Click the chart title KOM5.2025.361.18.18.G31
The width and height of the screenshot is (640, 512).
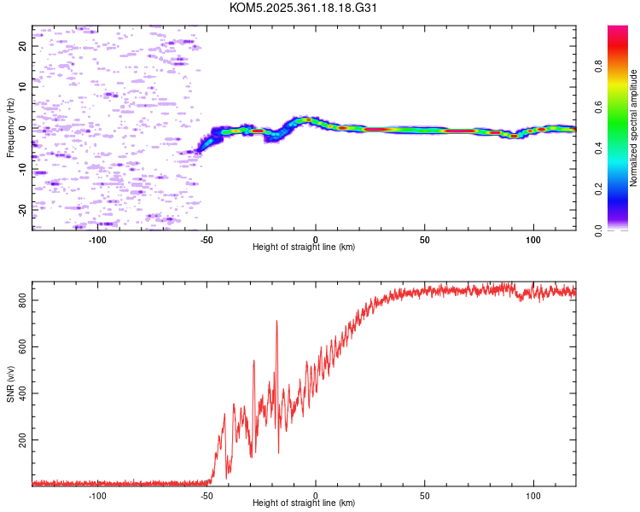tap(303, 8)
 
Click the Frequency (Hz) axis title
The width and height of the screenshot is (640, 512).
tap(10, 128)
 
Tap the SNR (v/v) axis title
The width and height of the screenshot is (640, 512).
tap(10, 383)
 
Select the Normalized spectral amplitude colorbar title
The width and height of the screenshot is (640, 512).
tap(634, 128)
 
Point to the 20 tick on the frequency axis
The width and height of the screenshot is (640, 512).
tap(23, 46)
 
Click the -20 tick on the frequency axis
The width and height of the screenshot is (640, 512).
tap(23, 209)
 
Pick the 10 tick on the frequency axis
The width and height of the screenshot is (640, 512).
tap(23, 87)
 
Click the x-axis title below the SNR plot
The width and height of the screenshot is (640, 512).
tap(303, 503)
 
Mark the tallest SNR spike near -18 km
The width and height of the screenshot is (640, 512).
tap(276, 322)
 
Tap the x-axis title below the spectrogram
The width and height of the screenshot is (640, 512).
tap(303, 247)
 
